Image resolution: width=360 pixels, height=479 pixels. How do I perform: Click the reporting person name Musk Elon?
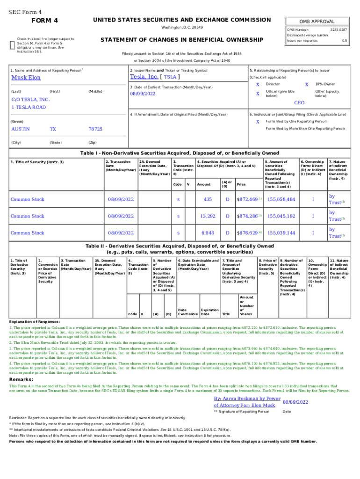(26, 78)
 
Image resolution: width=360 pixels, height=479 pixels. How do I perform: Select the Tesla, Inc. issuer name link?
(144, 77)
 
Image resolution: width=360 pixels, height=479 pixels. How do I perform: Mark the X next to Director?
(258, 84)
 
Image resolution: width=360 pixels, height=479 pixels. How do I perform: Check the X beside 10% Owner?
(307, 84)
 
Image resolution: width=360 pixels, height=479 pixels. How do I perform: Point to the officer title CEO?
(299, 102)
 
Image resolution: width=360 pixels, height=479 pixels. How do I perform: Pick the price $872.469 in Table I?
(248, 200)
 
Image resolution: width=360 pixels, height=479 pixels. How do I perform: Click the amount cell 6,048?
(208, 232)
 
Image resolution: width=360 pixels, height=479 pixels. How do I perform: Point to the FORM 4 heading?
(44, 21)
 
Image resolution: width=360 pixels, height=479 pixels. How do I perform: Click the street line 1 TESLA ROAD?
(29, 107)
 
